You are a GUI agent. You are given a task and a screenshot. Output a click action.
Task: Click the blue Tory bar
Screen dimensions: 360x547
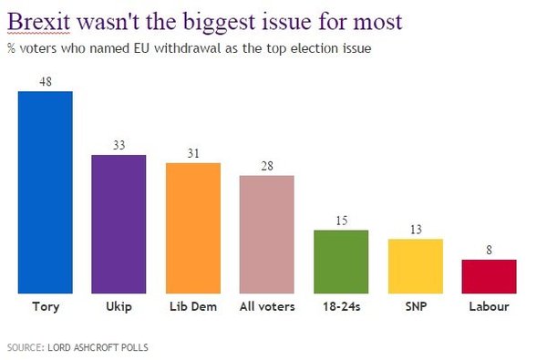(46, 191)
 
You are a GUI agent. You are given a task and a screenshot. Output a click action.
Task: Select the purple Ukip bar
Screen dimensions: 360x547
(119, 224)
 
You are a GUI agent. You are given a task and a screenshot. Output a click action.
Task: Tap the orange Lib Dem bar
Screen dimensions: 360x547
(193, 228)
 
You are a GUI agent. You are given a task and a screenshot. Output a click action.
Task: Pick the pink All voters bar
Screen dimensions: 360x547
(267, 234)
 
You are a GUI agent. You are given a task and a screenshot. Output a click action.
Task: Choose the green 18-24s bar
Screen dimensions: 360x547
(341, 262)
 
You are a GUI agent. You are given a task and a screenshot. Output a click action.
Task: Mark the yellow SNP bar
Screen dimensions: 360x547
(416, 266)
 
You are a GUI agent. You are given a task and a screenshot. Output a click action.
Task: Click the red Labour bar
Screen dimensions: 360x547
(490, 276)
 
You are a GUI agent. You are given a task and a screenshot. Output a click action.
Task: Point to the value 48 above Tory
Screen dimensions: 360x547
(46, 81)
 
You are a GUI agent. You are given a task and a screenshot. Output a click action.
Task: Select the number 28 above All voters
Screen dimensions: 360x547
(267, 166)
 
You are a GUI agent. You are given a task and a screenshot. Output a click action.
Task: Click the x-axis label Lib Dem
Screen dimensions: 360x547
(193, 307)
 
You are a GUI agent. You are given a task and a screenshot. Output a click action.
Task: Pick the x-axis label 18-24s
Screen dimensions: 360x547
(341, 307)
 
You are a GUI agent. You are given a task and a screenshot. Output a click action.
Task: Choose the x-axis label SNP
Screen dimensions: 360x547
(416, 307)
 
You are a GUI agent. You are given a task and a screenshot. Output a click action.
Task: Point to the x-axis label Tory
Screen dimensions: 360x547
(46, 307)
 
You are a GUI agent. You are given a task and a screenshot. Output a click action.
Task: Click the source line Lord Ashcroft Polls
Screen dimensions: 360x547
(77, 346)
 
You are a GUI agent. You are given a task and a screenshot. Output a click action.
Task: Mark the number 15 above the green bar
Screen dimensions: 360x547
(341, 221)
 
